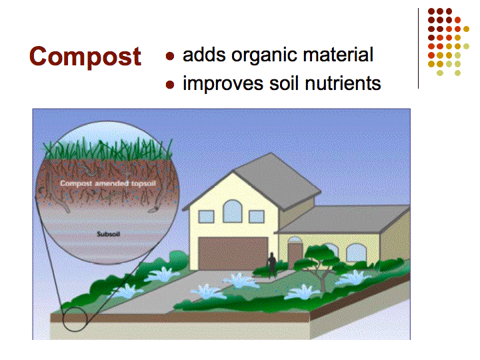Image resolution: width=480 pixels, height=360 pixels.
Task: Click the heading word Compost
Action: [x=85, y=57]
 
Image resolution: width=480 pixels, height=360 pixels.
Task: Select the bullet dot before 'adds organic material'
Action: [x=170, y=56]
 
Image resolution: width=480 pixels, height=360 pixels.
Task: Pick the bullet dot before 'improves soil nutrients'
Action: [x=170, y=85]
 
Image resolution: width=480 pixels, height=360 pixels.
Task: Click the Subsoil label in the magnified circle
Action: [x=109, y=234]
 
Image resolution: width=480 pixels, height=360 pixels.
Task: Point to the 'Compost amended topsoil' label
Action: [x=108, y=183]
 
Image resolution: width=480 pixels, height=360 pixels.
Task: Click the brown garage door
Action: [x=233, y=253]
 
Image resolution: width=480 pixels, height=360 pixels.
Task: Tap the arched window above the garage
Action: [x=233, y=211]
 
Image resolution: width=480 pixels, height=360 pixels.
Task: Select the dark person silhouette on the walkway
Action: [x=271, y=265]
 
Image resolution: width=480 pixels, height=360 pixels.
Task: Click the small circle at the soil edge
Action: [x=75, y=319]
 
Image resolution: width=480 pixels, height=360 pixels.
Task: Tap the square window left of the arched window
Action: [x=206, y=217]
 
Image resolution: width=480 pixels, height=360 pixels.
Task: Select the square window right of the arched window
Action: [x=257, y=217]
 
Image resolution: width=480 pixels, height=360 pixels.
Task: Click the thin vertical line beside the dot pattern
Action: [x=418, y=49]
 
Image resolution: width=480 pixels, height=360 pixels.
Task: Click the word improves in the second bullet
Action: [x=223, y=84]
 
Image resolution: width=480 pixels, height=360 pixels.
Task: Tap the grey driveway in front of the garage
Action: [x=171, y=291]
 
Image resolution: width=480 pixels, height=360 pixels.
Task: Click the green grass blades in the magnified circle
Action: [x=107, y=149]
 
